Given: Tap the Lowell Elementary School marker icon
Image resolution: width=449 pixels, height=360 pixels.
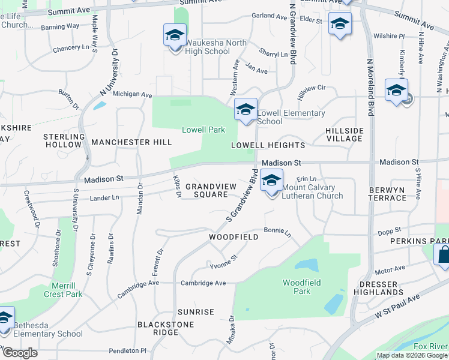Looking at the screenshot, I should [246, 110].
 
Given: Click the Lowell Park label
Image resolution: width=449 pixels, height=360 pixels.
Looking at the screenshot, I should [203, 130].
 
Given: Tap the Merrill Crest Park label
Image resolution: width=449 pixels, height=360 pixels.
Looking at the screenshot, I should [63, 290].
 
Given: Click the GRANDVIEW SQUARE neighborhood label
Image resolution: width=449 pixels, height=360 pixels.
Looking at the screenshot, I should [206, 190].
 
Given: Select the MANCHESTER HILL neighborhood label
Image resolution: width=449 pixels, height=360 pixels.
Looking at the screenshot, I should [131, 142].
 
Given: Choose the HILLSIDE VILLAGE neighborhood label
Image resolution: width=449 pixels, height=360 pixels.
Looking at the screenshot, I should [344, 134].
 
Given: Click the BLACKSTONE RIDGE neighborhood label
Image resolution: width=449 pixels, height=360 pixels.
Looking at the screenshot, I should [158, 328].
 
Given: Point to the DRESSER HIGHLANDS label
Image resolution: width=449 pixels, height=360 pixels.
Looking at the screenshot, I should [381, 288].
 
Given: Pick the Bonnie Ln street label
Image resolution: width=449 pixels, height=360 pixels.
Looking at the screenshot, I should [277, 232].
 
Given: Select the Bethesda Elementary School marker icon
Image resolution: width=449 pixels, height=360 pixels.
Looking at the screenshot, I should [5, 318].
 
